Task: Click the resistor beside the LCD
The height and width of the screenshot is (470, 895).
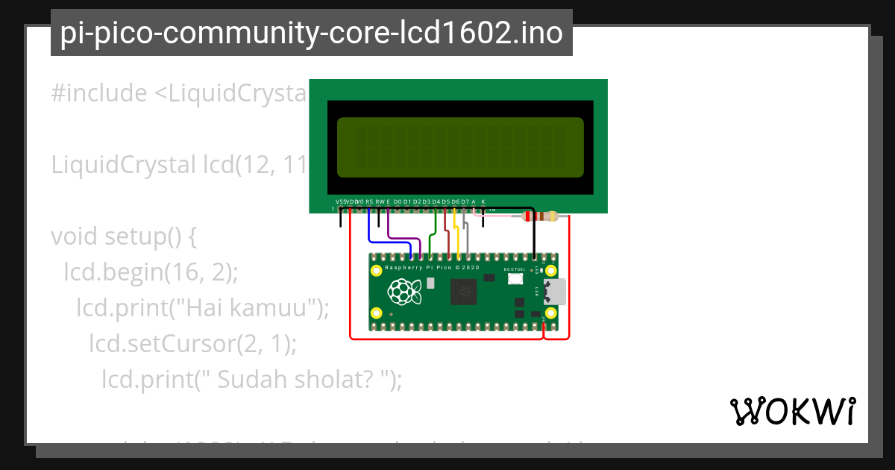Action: pyautogui.click(x=541, y=217)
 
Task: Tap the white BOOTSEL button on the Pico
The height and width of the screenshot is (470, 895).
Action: pyautogui.click(x=515, y=279)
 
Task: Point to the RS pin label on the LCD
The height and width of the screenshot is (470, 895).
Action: pyautogui.click(x=369, y=201)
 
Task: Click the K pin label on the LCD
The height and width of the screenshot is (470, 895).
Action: pyautogui.click(x=483, y=201)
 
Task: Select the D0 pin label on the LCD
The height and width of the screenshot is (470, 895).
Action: pyautogui.click(x=398, y=201)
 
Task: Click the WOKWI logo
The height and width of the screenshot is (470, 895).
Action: pyautogui.click(x=792, y=410)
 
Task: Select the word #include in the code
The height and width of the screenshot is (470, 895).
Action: pyautogui.click(x=98, y=94)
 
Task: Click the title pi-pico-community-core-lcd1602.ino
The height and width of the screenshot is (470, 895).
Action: pyautogui.click(x=311, y=33)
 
